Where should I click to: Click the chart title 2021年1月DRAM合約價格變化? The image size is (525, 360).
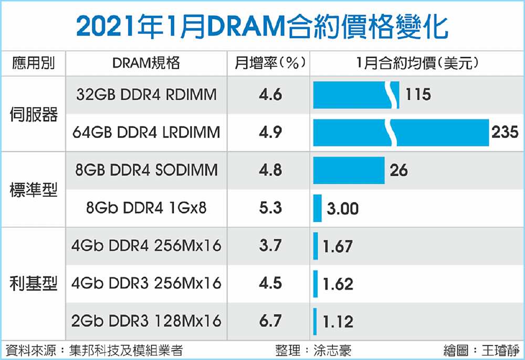click(262, 27)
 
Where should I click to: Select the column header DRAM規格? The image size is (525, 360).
click(146, 63)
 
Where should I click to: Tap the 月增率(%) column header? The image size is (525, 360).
click(270, 63)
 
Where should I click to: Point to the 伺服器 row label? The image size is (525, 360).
click(34, 114)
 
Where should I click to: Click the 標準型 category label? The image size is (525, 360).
click(34, 189)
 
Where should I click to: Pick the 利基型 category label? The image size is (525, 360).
click(34, 283)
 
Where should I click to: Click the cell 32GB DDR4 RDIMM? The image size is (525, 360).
click(146, 94)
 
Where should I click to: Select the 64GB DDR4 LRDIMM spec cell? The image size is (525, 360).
click(146, 132)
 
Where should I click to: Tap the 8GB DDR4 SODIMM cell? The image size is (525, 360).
click(146, 170)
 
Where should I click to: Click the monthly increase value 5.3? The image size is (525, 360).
click(270, 208)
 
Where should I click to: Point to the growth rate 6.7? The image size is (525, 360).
click(270, 321)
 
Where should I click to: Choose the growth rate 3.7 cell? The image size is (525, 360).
click(270, 246)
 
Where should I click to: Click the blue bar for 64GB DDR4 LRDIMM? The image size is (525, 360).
click(401, 132)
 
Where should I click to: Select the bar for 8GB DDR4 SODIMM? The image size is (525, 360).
click(349, 171)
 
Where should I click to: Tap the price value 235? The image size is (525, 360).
click(505, 132)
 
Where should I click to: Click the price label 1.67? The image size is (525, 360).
click(338, 247)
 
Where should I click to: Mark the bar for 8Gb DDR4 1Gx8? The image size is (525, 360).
click(318, 208)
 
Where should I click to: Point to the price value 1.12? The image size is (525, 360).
click(338, 322)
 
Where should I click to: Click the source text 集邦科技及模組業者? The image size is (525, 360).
click(126, 351)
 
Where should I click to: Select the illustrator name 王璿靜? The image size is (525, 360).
click(500, 351)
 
